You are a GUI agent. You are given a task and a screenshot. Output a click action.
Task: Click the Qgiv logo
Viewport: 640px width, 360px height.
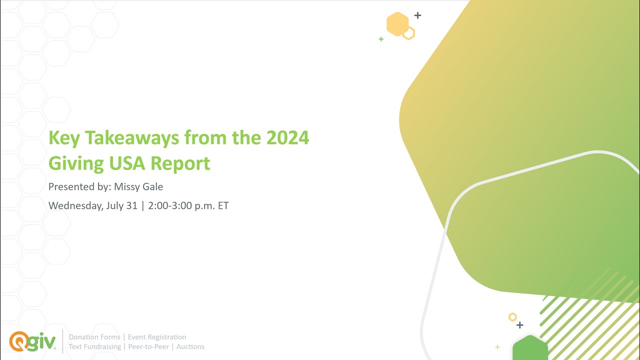[x=32, y=341]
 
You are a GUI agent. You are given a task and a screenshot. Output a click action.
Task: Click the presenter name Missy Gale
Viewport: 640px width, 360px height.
[x=138, y=186]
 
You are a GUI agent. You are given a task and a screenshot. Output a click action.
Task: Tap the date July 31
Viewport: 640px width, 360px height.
[x=122, y=205]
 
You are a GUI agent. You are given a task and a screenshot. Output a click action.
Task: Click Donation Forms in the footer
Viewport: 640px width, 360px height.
[x=94, y=337]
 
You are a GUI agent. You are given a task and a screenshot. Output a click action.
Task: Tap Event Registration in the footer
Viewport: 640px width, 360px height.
[x=157, y=337]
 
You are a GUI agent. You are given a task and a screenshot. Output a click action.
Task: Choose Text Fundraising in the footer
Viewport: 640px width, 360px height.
[x=94, y=346]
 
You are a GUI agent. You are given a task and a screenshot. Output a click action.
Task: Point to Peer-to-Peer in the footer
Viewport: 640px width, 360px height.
[x=148, y=346]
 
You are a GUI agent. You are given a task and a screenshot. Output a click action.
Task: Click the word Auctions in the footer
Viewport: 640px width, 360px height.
[x=190, y=346]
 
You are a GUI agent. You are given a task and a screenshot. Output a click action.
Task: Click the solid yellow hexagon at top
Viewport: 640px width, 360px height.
[x=397, y=24]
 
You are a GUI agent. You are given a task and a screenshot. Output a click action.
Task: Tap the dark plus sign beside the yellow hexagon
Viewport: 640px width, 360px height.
[x=417, y=15]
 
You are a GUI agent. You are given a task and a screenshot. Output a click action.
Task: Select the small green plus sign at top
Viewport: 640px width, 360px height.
[x=381, y=39]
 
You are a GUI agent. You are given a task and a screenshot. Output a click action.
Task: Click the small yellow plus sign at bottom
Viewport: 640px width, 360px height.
[x=497, y=346]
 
